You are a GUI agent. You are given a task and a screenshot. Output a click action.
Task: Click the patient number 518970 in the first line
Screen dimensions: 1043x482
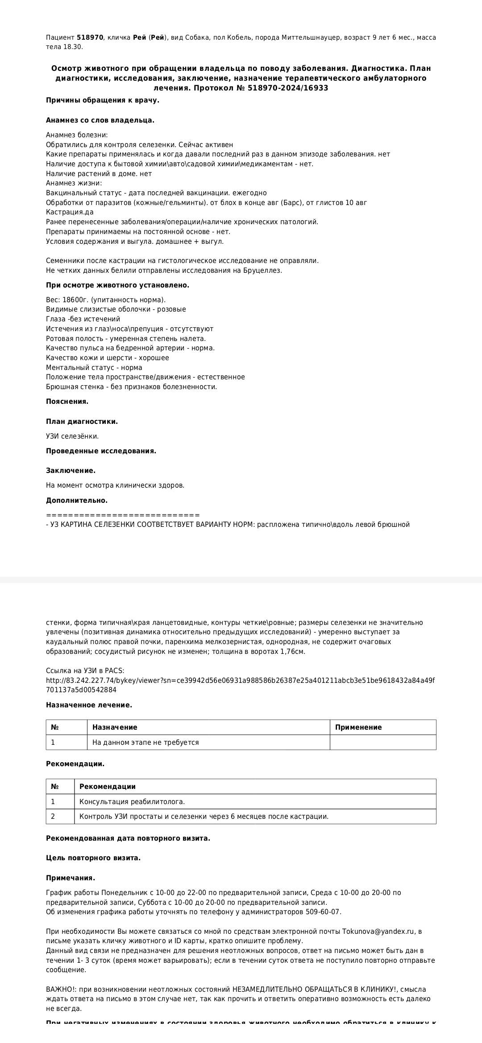pyautogui.click(x=90, y=37)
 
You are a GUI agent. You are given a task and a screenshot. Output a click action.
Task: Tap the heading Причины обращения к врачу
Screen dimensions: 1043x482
pyautogui.click(x=102, y=100)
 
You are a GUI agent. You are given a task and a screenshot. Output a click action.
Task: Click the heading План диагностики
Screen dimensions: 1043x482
pyautogui.click(x=82, y=422)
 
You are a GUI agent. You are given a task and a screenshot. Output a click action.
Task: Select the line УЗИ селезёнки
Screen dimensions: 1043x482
pyautogui.click(x=72, y=436)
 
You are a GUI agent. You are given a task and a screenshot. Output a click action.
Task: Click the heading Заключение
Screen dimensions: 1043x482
pyautogui.click(x=71, y=471)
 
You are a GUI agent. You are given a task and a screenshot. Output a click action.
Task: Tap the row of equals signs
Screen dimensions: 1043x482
pyautogui.click(x=123, y=515)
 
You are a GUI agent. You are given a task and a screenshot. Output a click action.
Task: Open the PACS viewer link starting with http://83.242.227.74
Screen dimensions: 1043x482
pyautogui.click(x=240, y=681)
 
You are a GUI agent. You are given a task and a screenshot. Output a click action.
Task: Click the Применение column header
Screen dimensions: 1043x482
pyautogui.click(x=358, y=727)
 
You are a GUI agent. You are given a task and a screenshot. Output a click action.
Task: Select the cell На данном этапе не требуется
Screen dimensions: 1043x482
pyautogui.click(x=145, y=743)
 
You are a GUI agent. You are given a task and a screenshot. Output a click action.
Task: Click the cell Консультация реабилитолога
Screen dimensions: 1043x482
pyautogui.click(x=132, y=802)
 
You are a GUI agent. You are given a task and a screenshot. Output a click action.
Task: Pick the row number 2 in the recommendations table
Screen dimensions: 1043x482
pyautogui.click(x=53, y=817)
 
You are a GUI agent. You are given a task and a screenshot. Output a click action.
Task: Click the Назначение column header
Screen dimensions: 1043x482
pyautogui.click(x=115, y=727)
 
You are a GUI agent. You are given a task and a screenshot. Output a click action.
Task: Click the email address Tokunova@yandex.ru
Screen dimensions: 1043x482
pyautogui.click(x=378, y=932)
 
